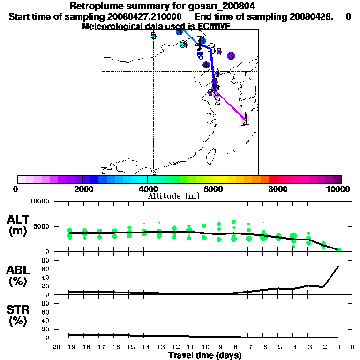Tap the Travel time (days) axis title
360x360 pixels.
pyautogui.click(x=205, y=356)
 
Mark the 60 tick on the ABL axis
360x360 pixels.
pyautogui.click(x=46, y=269)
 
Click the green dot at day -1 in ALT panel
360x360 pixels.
pyautogui.click(x=338, y=249)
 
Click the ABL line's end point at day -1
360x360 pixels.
pyautogui.click(x=338, y=266)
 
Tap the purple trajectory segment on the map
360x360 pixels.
pyautogui.click(x=232, y=105)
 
